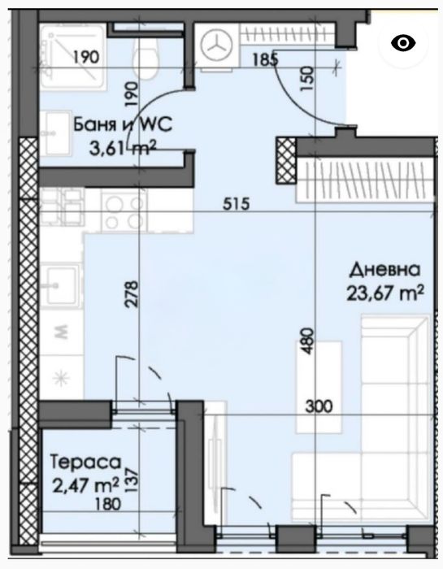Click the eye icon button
(403, 43)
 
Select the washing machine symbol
(216, 46)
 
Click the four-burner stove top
(124, 211)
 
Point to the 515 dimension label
(237, 203)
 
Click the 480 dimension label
(307, 341)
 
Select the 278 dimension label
(132, 293)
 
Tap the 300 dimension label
(319, 406)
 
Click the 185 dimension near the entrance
(265, 59)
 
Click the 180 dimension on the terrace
(107, 504)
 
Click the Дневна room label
(384, 271)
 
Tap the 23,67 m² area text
(385, 293)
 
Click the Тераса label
(85, 462)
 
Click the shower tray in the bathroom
(72, 57)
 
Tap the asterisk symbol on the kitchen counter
(61, 379)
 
